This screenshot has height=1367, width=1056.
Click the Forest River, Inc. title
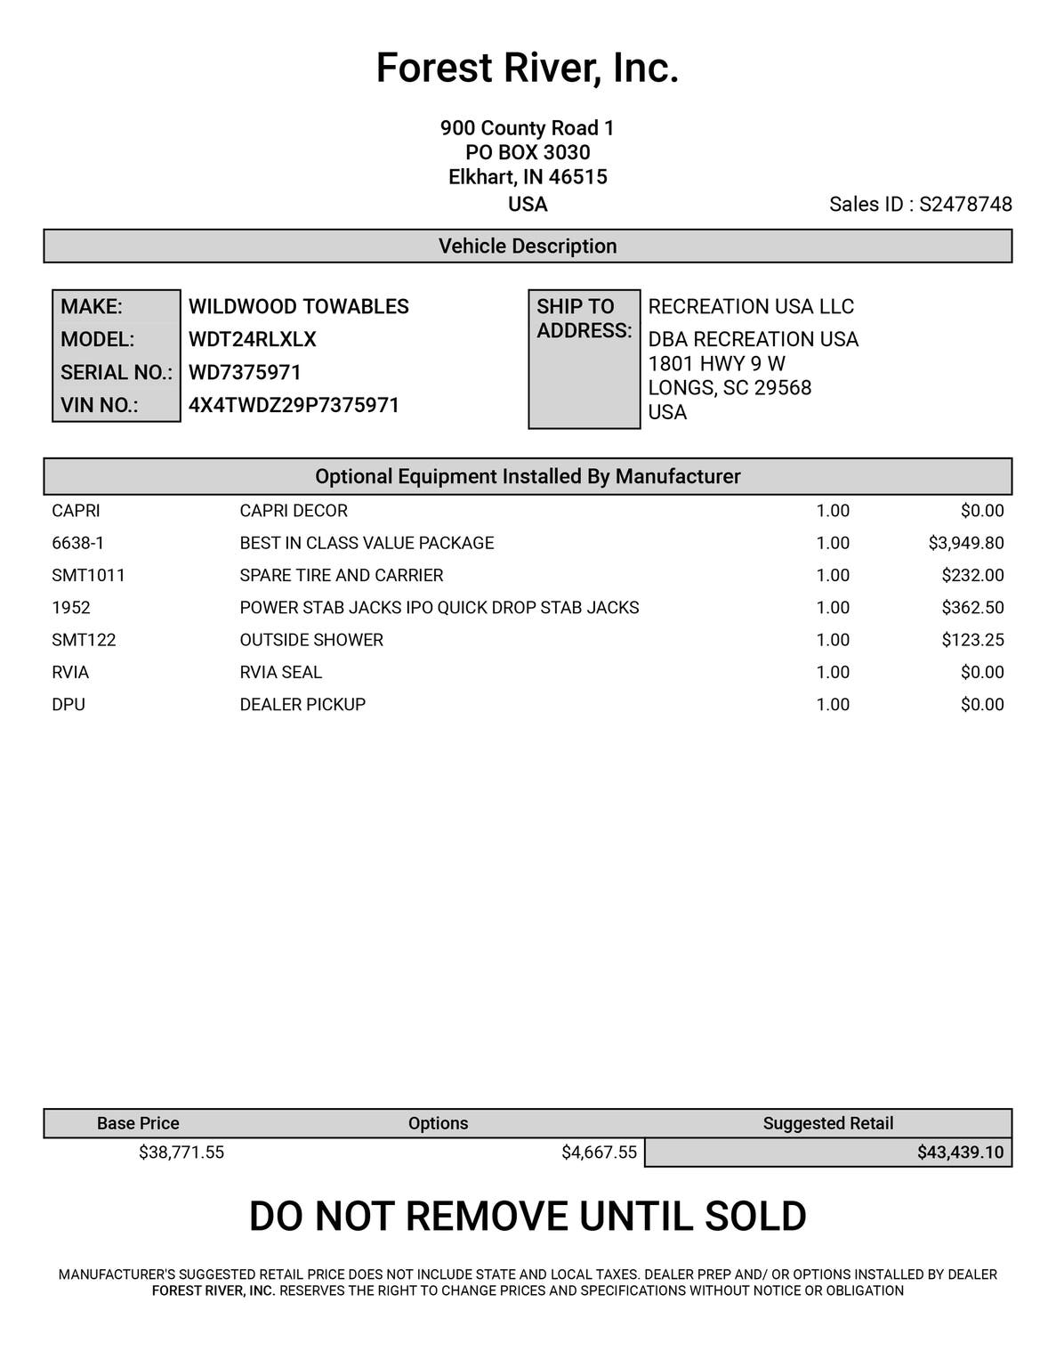click(x=528, y=69)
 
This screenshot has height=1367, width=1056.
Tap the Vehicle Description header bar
click(x=528, y=247)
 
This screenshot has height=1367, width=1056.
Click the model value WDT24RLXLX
click(x=253, y=340)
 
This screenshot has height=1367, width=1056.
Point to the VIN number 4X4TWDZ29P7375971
click(x=294, y=406)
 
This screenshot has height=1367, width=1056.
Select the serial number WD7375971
click(x=245, y=373)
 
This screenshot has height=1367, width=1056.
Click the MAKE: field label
click(x=92, y=307)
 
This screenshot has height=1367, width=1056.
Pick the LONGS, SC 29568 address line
click(x=730, y=388)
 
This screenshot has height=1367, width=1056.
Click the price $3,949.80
click(x=965, y=543)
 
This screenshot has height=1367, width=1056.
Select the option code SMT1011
click(x=88, y=576)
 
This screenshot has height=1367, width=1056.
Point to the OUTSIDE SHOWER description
click(x=311, y=640)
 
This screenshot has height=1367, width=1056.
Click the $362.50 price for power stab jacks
click(x=972, y=608)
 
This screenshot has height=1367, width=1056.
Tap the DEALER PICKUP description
click(x=302, y=705)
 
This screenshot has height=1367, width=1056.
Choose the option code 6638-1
click(x=78, y=543)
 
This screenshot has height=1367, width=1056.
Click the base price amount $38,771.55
click(x=181, y=1153)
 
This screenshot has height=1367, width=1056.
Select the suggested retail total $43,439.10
click(x=960, y=1153)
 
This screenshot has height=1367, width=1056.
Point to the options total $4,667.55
click(x=599, y=1153)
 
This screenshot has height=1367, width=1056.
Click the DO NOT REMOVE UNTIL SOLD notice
click(x=528, y=1217)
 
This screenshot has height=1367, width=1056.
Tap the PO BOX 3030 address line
click(x=528, y=153)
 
